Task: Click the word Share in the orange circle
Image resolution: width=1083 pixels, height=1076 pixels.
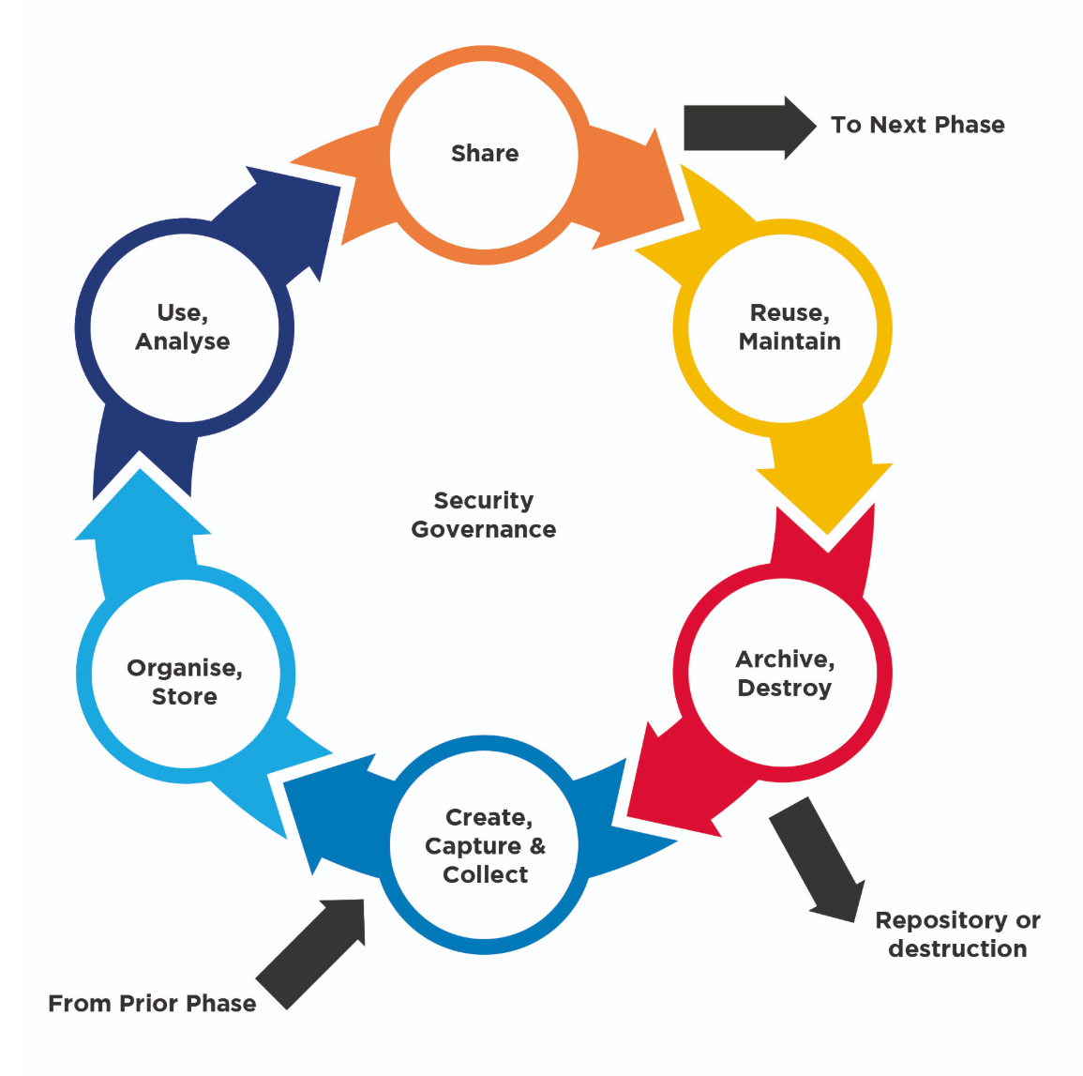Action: point(485,153)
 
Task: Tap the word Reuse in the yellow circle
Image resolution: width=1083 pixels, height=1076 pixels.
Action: point(789,313)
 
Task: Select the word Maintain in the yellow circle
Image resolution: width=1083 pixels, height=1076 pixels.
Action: point(790,341)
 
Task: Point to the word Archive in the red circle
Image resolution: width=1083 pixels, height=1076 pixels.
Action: point(784,659)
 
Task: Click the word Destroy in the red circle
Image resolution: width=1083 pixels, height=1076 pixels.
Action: point(784,689)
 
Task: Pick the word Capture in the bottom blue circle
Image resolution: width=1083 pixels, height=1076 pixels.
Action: point(473,846)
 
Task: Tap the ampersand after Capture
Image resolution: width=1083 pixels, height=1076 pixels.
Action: point(537,845)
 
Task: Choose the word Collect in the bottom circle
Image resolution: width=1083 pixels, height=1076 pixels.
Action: point(485,875)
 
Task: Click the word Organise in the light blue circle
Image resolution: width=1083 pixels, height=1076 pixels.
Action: point(185,668)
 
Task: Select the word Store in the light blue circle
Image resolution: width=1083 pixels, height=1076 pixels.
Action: point(185,697)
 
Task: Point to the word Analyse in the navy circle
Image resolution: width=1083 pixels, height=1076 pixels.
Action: point(183,341)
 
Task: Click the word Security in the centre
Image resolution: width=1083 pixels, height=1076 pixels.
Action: point(484,501)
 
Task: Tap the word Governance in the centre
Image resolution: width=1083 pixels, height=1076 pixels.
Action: point(484,530)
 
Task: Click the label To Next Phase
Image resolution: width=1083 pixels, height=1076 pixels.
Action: point(917,125)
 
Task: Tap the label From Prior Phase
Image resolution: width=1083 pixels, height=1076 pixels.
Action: point(152,1004)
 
